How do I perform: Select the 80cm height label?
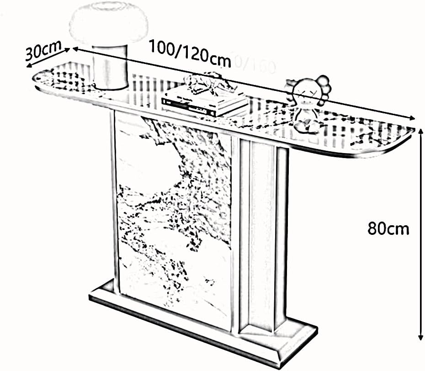(388, 228)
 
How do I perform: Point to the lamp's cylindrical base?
(110, 71)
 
